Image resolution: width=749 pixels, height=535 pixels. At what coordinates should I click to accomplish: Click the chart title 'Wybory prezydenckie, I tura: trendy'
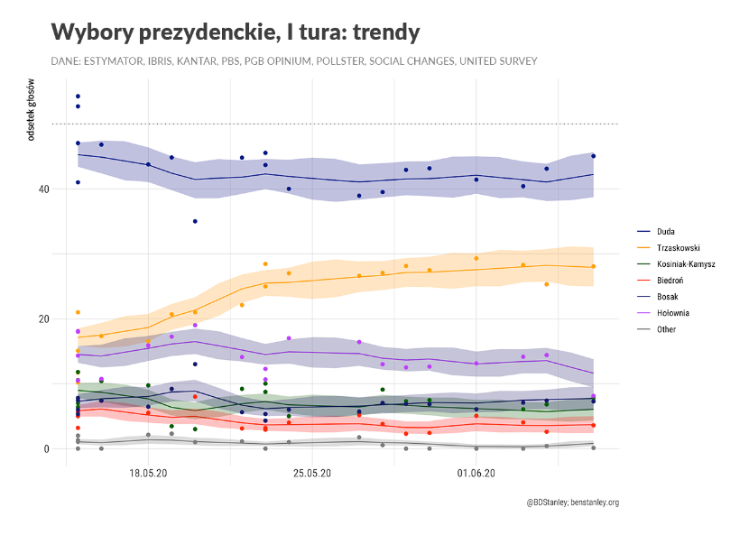pyautogui.click(x=236, y=32)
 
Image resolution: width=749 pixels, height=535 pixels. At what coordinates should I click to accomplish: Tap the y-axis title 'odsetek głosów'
pyautogui.click(x=31, y=114)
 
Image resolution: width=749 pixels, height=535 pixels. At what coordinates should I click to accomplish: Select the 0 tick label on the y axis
pyautogui.click(x=44, y=449)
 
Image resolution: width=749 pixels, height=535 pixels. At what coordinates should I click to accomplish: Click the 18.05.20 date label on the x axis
pyautogui.click(x=148, y=472)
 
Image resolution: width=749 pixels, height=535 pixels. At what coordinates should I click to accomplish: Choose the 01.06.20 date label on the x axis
pyautogui.click(x=476, y=472)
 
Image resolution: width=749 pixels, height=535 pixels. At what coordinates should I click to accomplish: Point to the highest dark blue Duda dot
pyautogui.click(x=79, y=97)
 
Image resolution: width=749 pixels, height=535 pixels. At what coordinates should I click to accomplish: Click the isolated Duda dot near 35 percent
pyautogui.click(x=195, y=221)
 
